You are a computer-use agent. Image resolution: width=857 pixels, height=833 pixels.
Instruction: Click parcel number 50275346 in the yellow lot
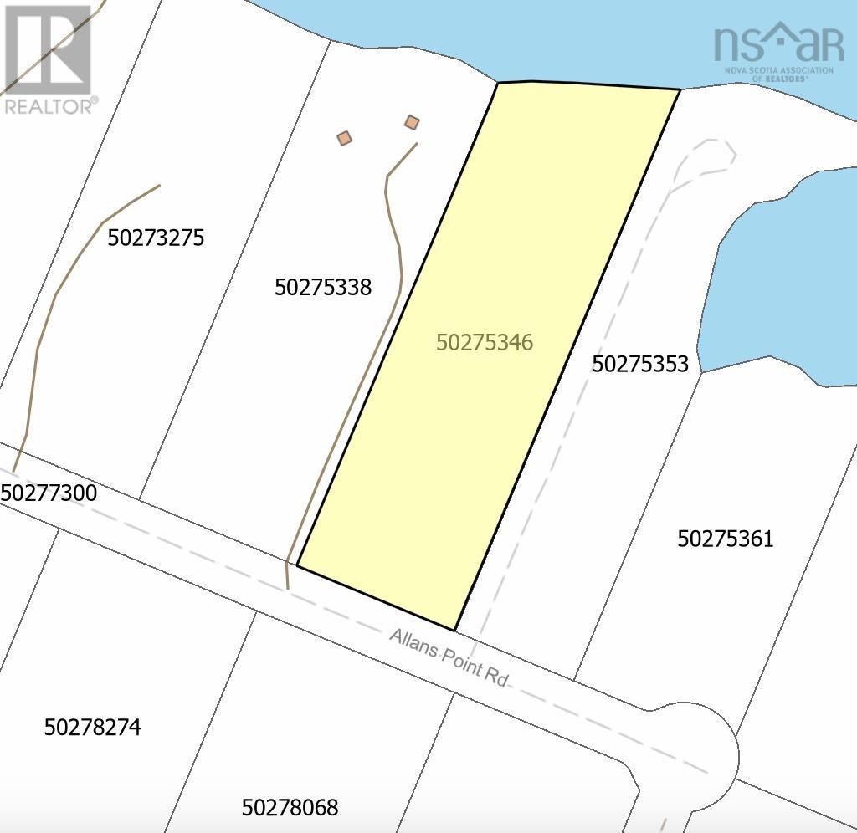coord(485,343)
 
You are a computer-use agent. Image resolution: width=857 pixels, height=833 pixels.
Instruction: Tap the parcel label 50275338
coord(323,288)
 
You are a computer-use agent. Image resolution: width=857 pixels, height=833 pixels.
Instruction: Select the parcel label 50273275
coord(157,238)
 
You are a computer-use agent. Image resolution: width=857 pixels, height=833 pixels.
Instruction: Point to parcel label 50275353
coord(640,364)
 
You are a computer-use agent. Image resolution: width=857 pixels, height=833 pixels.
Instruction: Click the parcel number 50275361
coord(726,539)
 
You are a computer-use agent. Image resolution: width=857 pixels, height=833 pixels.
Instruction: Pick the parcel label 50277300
coord(49,493)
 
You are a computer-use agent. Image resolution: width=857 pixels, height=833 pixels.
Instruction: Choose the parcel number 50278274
coord(92,728)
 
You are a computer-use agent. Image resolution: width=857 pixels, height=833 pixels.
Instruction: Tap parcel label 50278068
coord(290,808)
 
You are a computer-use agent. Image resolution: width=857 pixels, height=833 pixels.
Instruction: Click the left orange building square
coord(344,138)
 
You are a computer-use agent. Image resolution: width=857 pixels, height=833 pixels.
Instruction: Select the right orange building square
coord(412,123)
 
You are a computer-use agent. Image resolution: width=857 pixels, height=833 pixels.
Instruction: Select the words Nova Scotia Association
coord(779,70)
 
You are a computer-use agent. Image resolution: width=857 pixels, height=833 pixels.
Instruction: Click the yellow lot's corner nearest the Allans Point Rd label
coord(454,630)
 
